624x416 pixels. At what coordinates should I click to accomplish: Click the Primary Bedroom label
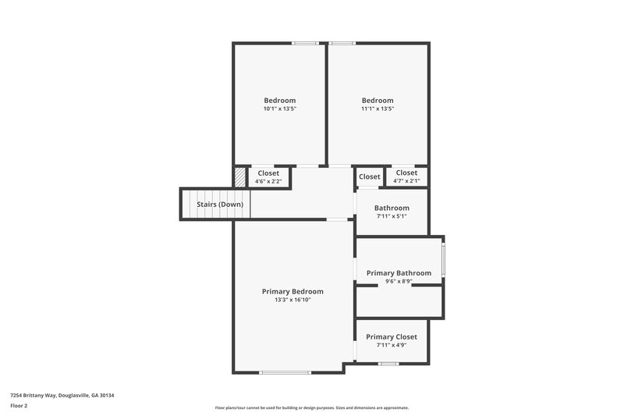click(292, 291)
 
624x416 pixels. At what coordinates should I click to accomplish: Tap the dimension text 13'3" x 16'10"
click(292, 300)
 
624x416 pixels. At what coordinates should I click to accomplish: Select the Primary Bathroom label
click(399, 273)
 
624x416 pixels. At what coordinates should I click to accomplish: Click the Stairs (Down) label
click(220, 204)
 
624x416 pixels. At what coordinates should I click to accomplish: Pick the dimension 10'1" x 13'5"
click(279, 108)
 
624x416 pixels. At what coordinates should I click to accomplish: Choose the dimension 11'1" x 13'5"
click(378, 108)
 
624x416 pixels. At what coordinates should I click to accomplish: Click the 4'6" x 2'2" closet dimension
click(268, 182)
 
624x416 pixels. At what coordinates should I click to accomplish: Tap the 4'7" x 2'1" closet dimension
click(406, 181)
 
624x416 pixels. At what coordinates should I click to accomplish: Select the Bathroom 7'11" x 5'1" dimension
click(392, 216)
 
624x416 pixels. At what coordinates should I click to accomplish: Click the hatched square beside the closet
click(239, 177)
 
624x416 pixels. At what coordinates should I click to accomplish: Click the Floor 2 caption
click(19, 406)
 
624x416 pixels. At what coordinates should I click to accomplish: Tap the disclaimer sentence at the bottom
click(312, 407)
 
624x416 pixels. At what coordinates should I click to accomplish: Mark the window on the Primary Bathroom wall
click(443, 261)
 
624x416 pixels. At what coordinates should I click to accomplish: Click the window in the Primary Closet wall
click(388, 364)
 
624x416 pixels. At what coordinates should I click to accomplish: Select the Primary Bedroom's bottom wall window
click(285, 372)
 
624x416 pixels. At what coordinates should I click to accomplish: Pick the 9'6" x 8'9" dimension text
click(399, 281)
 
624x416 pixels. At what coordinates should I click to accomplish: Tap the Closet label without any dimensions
click(370, 176)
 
